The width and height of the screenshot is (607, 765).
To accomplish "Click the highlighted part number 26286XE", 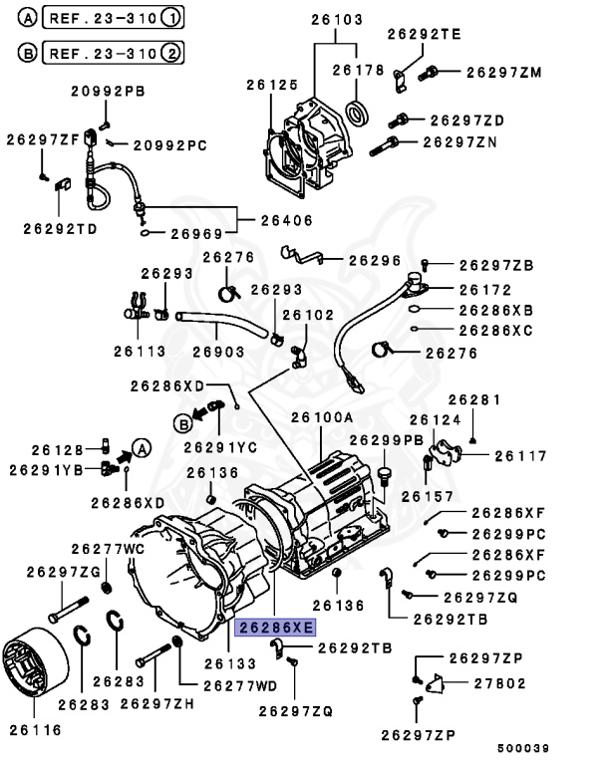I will click(274, 627).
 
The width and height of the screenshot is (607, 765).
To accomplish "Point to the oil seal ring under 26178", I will click(357, 109).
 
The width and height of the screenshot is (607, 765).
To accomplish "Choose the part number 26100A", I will click(322, 418).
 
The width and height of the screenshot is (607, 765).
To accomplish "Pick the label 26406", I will click(286, 220).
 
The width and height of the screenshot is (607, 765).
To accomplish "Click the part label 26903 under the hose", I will click(218, 351).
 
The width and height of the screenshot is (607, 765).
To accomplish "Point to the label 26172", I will click(484, 290).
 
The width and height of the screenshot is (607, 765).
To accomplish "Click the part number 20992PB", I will click(107, 92).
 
